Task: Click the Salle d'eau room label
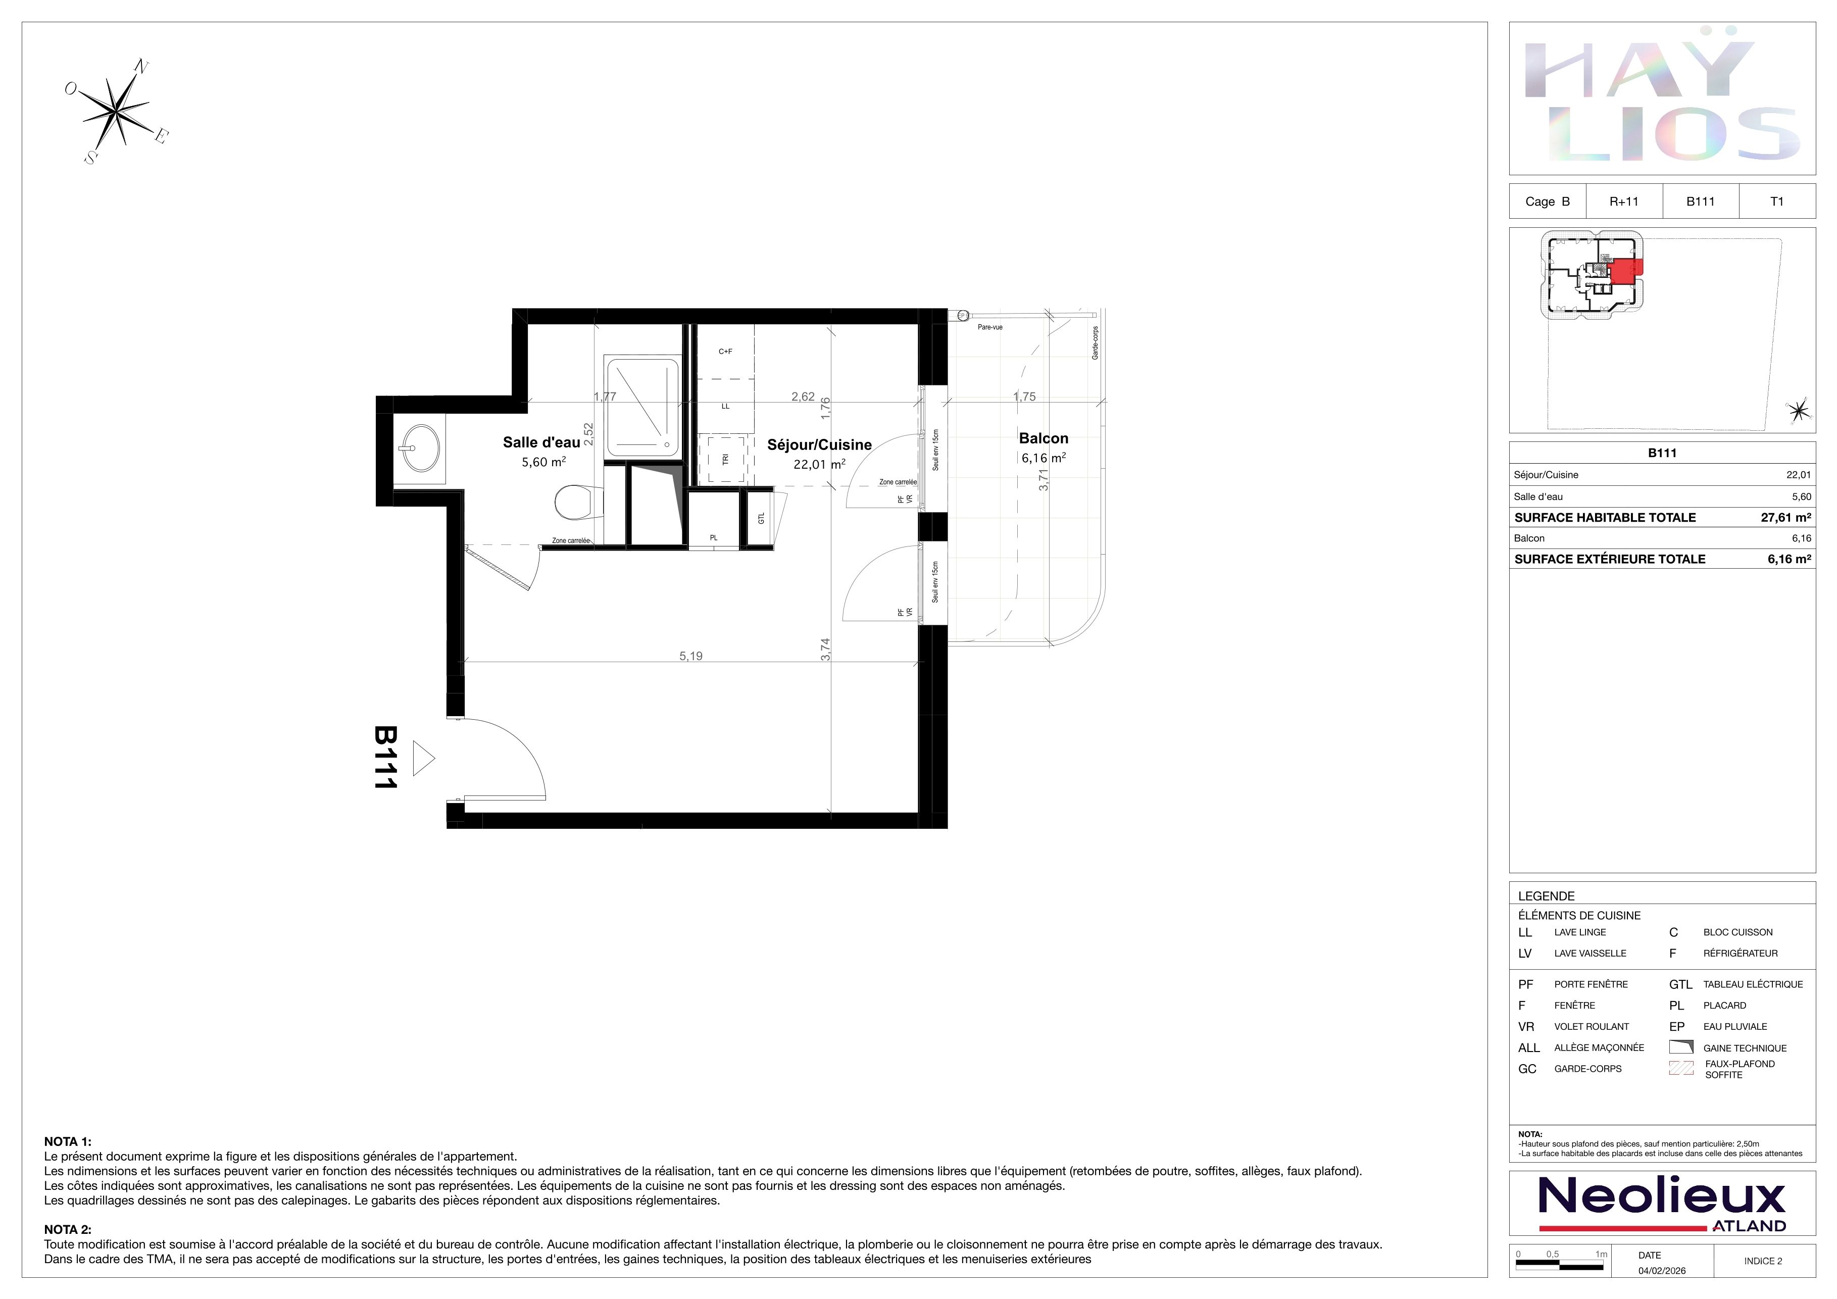[x=541, y=442]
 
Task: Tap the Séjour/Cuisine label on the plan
[x=819, y=445]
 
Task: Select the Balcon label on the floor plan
[x=1044, y=438]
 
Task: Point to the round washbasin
[x=420, y=448]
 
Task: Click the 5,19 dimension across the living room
[x=690, y=656]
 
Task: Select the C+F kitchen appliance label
[x=725, y=351]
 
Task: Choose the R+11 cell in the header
[x=1623, y=202]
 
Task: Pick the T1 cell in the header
[x=1776, y=202]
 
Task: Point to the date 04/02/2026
[x=1662, y=1270]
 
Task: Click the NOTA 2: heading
[x=68, y=1229]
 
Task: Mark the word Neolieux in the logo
[x=1662, y=1196]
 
